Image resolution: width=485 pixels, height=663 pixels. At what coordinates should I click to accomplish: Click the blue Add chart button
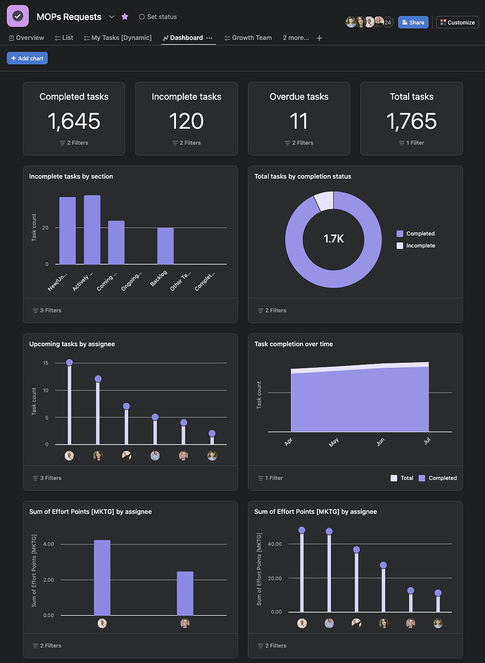click(27, 58)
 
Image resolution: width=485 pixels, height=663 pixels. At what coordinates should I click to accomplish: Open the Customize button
click(457, 22)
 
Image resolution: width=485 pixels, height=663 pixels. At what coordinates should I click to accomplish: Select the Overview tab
click(27, 38)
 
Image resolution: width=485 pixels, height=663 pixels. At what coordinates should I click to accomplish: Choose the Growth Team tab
click(248, 38)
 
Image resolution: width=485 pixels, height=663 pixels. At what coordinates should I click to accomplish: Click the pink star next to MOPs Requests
click(125, 17)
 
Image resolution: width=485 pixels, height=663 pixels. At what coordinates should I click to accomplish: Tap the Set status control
click(158, 17)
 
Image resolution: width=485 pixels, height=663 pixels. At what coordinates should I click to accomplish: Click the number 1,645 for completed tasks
click(74, 121)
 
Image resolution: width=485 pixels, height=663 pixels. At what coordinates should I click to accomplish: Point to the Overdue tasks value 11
click(299, 121)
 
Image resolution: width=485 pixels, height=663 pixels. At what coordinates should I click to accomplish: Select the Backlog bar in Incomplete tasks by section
click(165, 246)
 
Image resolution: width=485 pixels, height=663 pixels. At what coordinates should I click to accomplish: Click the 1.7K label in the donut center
click(333, 239)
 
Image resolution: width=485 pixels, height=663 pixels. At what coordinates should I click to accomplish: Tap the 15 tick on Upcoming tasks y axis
click(46, 363)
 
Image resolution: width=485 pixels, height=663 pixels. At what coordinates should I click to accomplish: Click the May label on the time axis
click(334, 442)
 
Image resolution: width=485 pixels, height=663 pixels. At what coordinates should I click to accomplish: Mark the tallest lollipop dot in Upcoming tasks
click(69, 363)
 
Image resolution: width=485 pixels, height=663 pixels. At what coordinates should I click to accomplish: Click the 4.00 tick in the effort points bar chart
click(48, 544)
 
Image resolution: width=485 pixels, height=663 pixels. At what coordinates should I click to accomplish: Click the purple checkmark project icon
click(17, 16)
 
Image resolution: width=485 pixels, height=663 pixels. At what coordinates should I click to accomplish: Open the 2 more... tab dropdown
click(296, 38)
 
